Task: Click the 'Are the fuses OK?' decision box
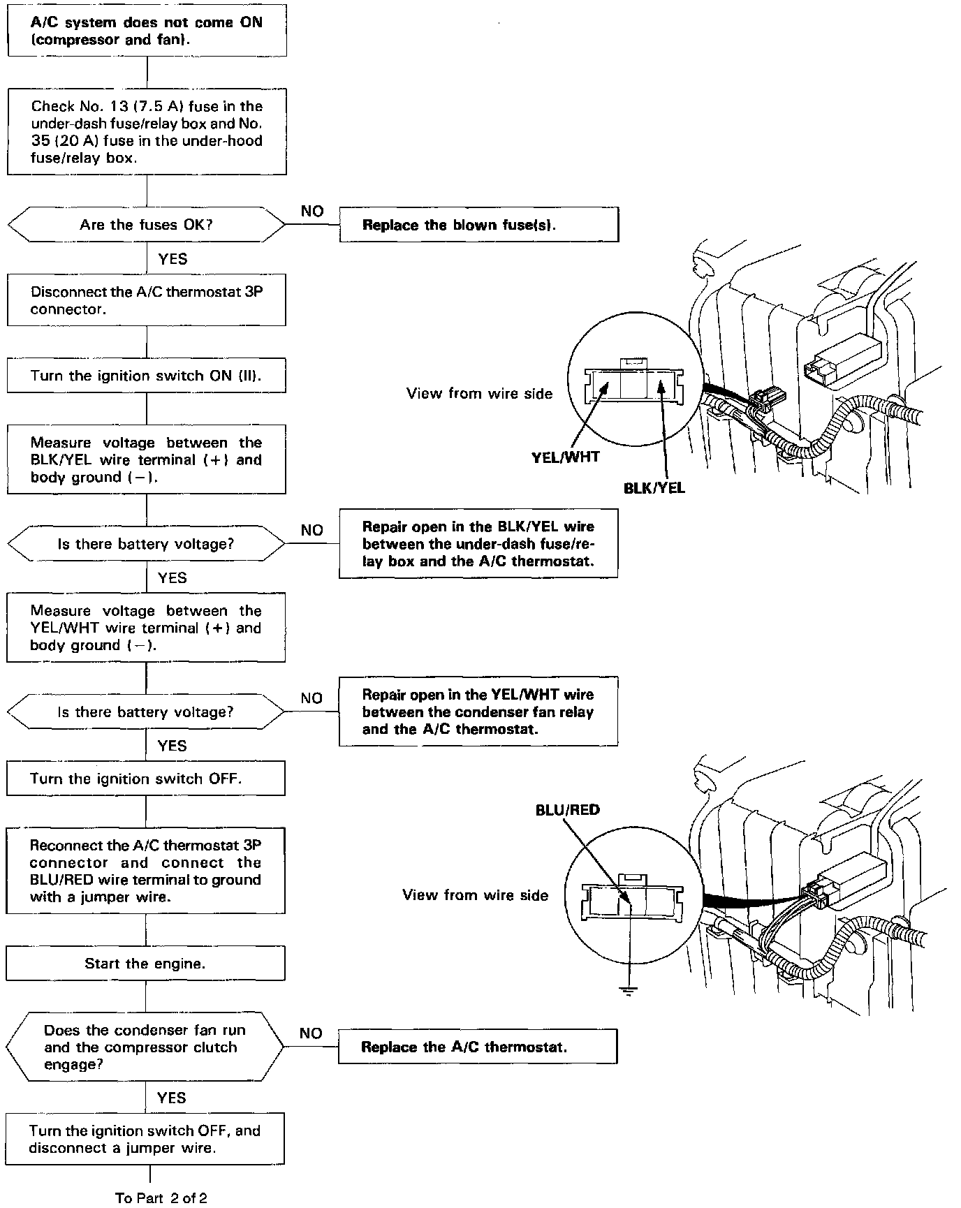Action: coord(146,225)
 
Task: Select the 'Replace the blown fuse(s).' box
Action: coord(478,225)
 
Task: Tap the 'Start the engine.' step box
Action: coord(145,964)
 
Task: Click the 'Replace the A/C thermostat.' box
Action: coord(478,1047)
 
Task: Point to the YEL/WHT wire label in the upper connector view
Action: coord(565,458)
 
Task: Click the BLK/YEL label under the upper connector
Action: coord(654,488)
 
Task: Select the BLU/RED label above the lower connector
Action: coord(567,810)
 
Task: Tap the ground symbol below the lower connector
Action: coord(629,990)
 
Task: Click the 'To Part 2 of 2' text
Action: coord(161,1198)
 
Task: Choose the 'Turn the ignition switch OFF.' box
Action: coord(145,779)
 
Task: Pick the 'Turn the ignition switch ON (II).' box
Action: coord(146,376)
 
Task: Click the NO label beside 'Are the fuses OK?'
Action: coord(312,211)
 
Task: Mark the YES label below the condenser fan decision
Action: coord(172,1098)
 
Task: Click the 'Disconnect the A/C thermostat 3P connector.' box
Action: coord(146,300)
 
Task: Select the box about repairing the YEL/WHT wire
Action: coord(478,712)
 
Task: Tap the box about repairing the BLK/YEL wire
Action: coord(478,544)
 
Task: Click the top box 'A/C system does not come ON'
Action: coord(147,31)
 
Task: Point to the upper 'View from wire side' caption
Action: coord(479,394)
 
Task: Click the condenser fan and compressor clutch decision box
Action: coord(145,1047)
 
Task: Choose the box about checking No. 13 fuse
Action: coord(147,132)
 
